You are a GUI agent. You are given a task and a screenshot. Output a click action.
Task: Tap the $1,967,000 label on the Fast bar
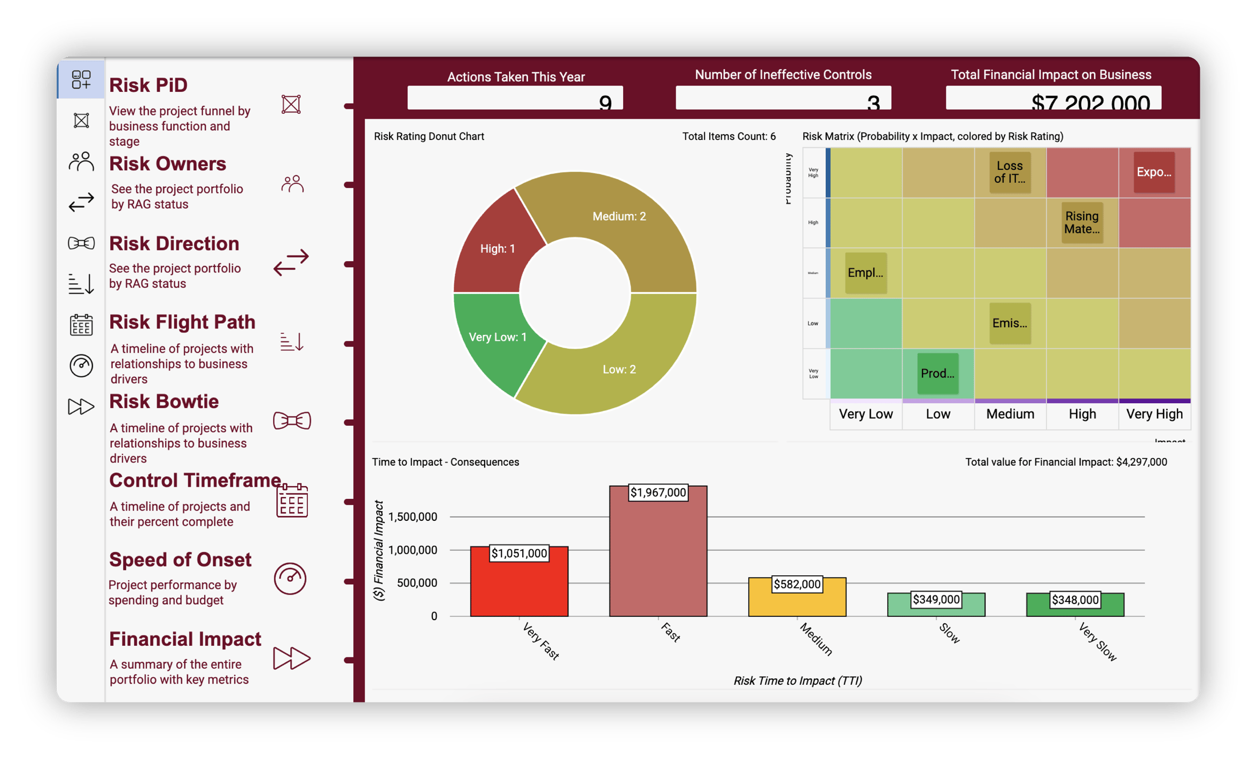click(x=658, y=492)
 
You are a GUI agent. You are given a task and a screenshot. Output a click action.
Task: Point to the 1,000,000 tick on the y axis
click(x=413, y=550)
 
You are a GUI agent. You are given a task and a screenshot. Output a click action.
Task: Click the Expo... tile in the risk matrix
click(x=1154, y=173)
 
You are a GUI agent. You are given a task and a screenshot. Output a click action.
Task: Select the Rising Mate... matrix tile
click(x=1082, y=223)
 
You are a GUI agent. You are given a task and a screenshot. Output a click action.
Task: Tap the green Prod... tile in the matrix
click(x=937, y=373)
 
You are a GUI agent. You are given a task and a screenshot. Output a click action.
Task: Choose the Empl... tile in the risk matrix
click(x=865, y=273)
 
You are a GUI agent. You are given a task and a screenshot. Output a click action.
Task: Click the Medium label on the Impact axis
click(x=1010, y=414)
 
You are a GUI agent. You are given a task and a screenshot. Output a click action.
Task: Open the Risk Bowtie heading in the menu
click(x=164, y=402)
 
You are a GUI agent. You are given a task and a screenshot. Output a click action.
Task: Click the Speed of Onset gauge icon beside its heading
click(x=290, y=578)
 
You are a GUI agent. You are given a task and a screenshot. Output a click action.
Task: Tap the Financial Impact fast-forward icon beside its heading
click(x=291, y=658)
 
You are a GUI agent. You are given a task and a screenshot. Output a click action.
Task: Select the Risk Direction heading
click(x=174, y=244)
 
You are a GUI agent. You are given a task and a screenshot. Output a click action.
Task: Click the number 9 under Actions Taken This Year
click(x=605, y=101)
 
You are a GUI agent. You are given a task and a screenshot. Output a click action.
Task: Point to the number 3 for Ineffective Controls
click(x=873, y=101)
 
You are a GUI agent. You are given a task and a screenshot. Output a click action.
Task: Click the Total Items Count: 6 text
click(x=728, y=136)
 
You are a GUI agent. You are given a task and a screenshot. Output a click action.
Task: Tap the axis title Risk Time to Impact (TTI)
click(x=797, y=680)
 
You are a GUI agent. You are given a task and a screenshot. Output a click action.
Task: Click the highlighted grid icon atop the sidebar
click(x=81, y=80)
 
